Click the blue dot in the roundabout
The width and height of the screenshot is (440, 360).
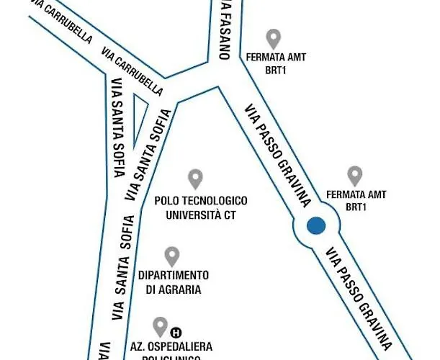315,226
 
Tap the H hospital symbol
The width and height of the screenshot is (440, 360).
175,333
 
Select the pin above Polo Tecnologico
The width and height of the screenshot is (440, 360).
195,179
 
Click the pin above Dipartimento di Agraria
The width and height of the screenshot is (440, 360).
172,256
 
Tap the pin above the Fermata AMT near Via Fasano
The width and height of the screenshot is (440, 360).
273,38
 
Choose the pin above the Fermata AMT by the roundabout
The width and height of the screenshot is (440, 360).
354,176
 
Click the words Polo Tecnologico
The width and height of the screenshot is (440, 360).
202,200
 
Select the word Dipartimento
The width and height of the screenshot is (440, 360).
174,275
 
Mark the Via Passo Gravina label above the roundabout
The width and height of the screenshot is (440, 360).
278,153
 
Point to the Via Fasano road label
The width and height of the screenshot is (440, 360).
224,29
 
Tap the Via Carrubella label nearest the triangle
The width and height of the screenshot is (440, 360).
133,72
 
